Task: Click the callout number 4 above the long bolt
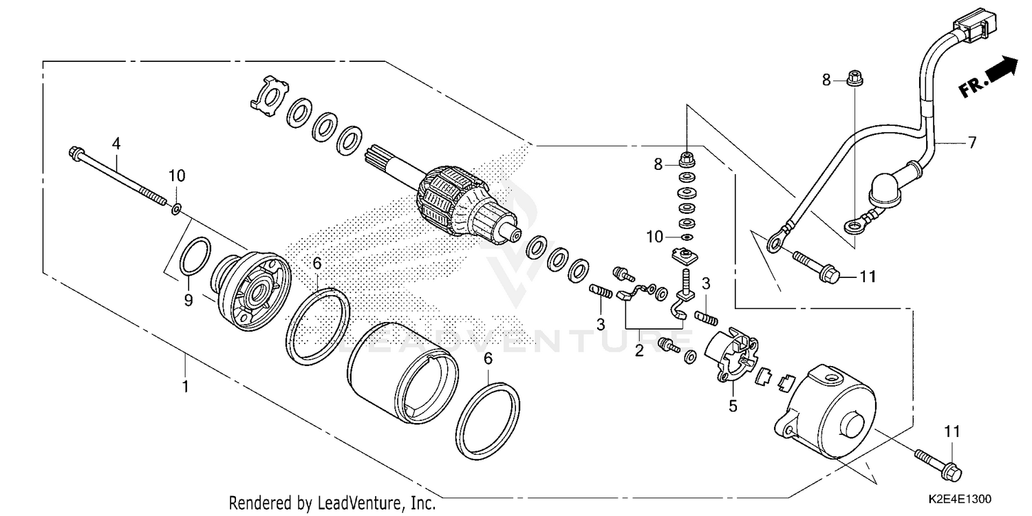coord(116,144)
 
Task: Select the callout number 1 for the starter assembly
coord(184,387)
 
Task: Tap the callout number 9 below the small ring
coord(188,300)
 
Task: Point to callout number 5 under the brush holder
coord(733,406)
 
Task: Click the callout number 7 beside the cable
coord(971,143)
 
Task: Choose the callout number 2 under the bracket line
coord(639,351)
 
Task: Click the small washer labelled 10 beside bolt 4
coord(177,208)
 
